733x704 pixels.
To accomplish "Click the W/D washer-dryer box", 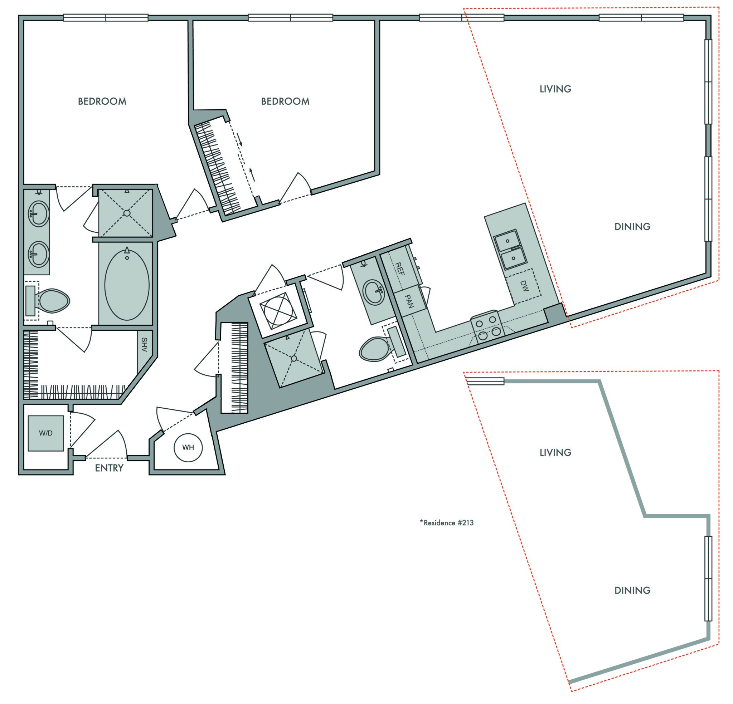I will (x=45, y=433).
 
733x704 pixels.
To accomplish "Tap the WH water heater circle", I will (x=188, y=447).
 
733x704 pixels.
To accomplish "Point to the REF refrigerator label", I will (x=399, y=269).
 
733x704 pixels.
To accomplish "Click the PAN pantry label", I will (x=409, y=301).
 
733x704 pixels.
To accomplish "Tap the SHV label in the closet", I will (x=144, y=345).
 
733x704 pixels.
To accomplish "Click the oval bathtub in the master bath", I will (x=127, y=285).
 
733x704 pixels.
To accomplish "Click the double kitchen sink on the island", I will (x=510, y=249).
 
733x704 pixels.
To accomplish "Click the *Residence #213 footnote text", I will (x=447, y=523).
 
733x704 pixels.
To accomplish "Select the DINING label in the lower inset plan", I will (x=632, y=590).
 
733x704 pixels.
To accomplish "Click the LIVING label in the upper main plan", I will (x=555, y=89).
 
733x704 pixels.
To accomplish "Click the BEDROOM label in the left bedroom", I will (x=102, y=101).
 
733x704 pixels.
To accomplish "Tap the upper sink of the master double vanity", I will (x=39, y=214).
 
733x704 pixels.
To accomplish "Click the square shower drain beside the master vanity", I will (x=127, y=213).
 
